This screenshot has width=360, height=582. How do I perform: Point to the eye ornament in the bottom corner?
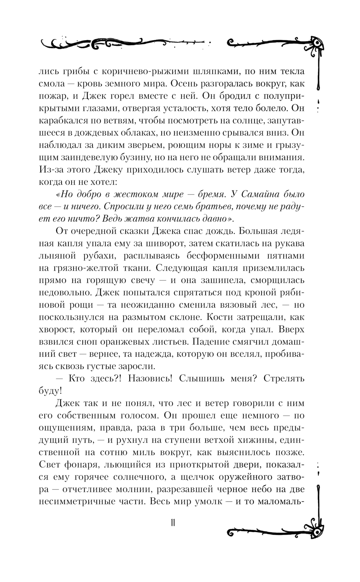pos(317,528)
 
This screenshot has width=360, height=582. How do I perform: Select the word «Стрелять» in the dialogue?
pos(284,379)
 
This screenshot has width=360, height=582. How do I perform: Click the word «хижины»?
pos(264,440)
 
